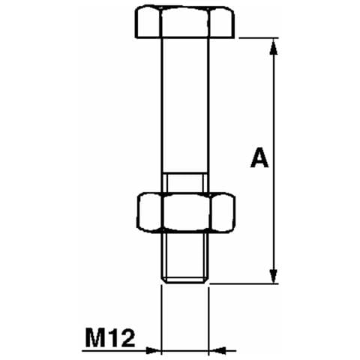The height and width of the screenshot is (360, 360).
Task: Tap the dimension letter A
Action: pos(259,159)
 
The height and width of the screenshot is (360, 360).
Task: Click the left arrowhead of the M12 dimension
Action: pos(154,349)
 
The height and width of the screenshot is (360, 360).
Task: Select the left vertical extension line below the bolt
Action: pos(162,315)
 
